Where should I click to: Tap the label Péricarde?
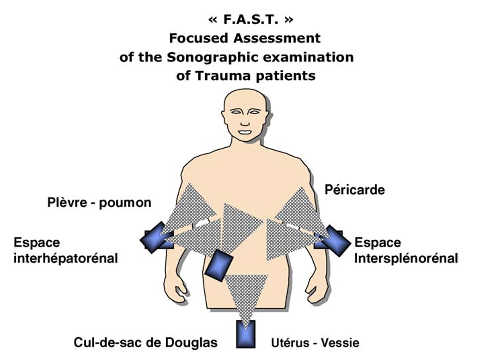click(x=355, y=190)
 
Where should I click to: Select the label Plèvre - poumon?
click(x=99, y=203)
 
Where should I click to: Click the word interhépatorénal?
click(x=65, y=257)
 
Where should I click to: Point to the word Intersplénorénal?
click(x=406, y=257)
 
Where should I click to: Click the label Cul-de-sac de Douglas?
click(x=146, y=343)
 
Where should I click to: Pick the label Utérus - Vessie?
click(x=315, y=344)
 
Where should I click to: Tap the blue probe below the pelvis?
click(x=246, y=333)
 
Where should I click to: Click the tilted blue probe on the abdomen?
click(x=218, y=265)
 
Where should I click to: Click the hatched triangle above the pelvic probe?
click(x=246, y=291)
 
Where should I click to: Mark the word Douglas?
click(x=197, y=343)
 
